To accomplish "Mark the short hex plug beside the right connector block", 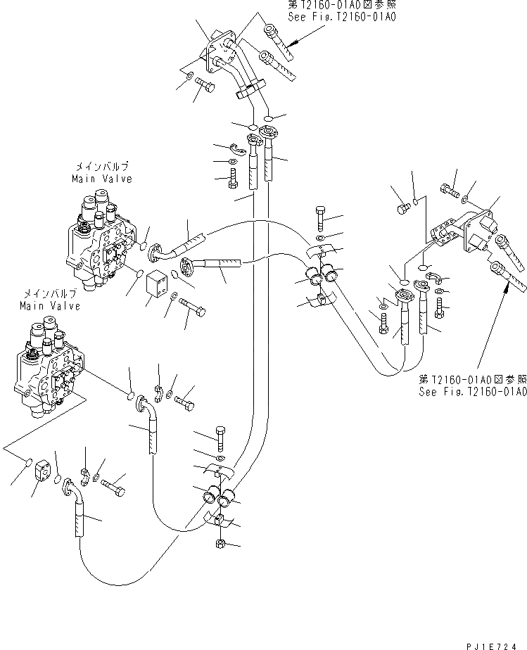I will [403, 208].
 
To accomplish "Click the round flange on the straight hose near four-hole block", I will [190, 266].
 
